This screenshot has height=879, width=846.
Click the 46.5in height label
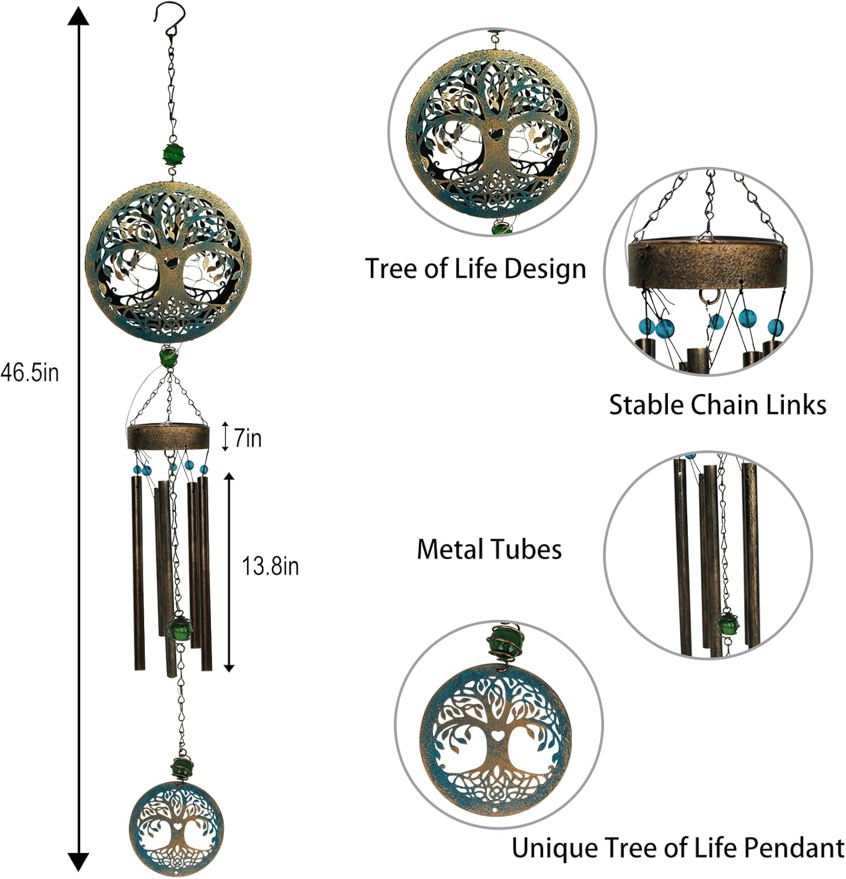[x=29, y=373]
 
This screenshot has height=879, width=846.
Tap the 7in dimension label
[x=247, y=438]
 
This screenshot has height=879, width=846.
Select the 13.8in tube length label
[x=270, y=566]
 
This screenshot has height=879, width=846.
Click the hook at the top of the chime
[x=170, y=18]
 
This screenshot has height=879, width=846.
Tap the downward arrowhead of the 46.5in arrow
[x=79, y=861]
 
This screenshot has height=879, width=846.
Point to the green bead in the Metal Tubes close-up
[x=727, y=622]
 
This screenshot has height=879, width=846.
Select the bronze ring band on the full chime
[x=168, y=437]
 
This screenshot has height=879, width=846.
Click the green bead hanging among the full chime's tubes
[x=179, y=628]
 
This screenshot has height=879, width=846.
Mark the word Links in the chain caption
[x=799, y=405]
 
